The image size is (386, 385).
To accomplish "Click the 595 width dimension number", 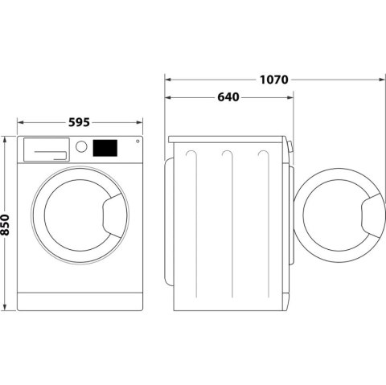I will (78, 123).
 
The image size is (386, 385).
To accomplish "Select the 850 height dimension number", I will (7, 223).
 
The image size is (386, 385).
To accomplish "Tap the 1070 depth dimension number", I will (274, 80).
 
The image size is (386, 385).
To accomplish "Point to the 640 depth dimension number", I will (228, 97).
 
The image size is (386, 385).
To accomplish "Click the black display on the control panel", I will (106, 148).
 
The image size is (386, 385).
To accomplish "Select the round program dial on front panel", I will (81, 147).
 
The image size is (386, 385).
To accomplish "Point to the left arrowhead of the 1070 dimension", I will (168, 80).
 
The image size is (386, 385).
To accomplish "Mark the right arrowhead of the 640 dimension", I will (290, 97).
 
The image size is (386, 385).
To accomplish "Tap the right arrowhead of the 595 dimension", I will (140, 123).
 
